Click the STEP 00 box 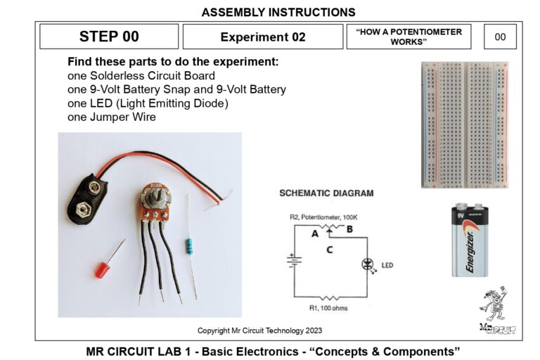pyautogui.click(x=109, y=37)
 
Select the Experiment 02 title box pyautogui.click(x=262, y=37)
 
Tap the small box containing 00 pyautogui.click(x=500, y=37)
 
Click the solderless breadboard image pyautogui.click(x=465, y=124)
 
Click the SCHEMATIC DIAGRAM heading pyautogui.click(x=326, y=193)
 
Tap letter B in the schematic pyautogui.click(x=350, y=229)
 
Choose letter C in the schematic pyautogui.click(x=330, y=249)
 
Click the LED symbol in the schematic pyautogui.click(x=366, y=265)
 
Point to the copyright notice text pyautogui.click(x=259, y=330)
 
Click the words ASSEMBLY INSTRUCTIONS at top pyautogui.click(x=278, y=12)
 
